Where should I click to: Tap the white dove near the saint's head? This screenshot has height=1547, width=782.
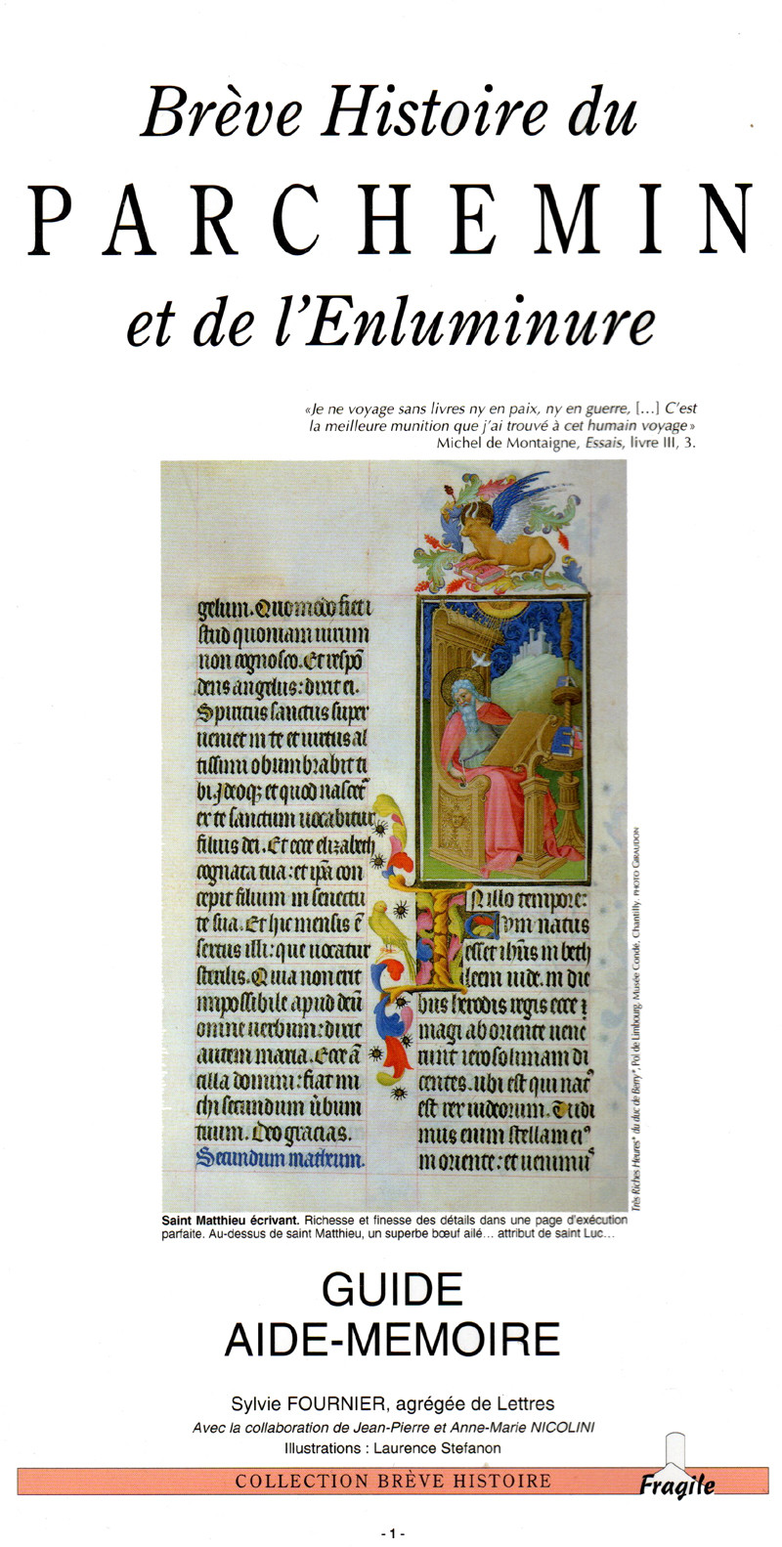(480, 661)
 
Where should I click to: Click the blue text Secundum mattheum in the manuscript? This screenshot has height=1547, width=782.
(281, 1159)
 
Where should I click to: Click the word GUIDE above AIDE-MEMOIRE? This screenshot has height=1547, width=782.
(392, 1291)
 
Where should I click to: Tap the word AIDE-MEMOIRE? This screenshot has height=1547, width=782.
(392, 1338)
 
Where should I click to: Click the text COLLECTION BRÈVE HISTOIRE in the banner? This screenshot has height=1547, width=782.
(393, 1482)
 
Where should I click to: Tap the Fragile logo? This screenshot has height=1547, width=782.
(676, 1483)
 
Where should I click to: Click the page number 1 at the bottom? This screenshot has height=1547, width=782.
(392, 1533)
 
